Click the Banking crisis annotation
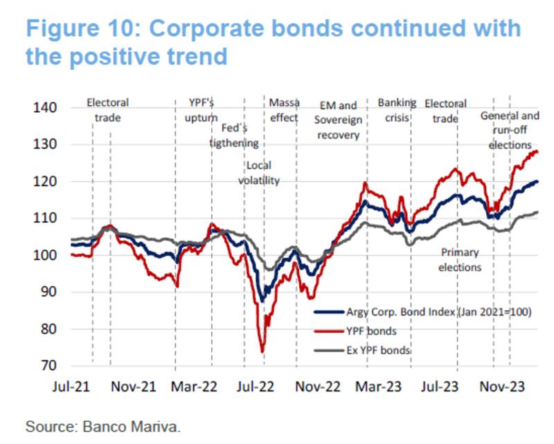[x=397, y=110]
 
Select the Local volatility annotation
[x=258, y=173]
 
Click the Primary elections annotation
[x=460, y=259]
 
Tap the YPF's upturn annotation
[x=202, y=110]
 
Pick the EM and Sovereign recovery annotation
[x=339, y=120]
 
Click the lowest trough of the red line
[x=262, y=351]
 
